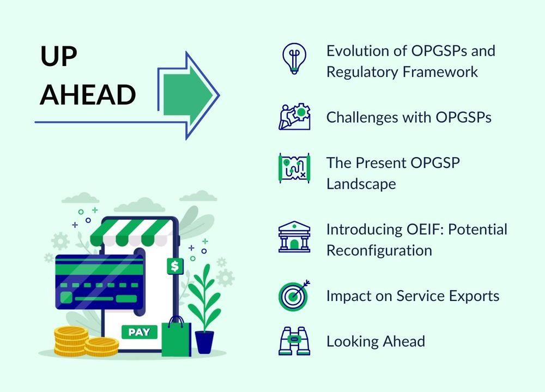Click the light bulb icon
tap(294, 58)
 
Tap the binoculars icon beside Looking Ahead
tap(294, 341)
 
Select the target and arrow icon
tap(294, 295)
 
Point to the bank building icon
tap(294, 237)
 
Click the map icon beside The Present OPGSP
tap(294, 168)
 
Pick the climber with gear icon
tap(294, 117)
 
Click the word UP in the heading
tap(58, 56)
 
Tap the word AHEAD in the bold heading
tap(88, 94)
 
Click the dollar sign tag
tap(175, 266)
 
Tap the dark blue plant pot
tap(204, 342)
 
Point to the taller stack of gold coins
tap(71, 341)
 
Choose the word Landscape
tap(361, 184)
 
